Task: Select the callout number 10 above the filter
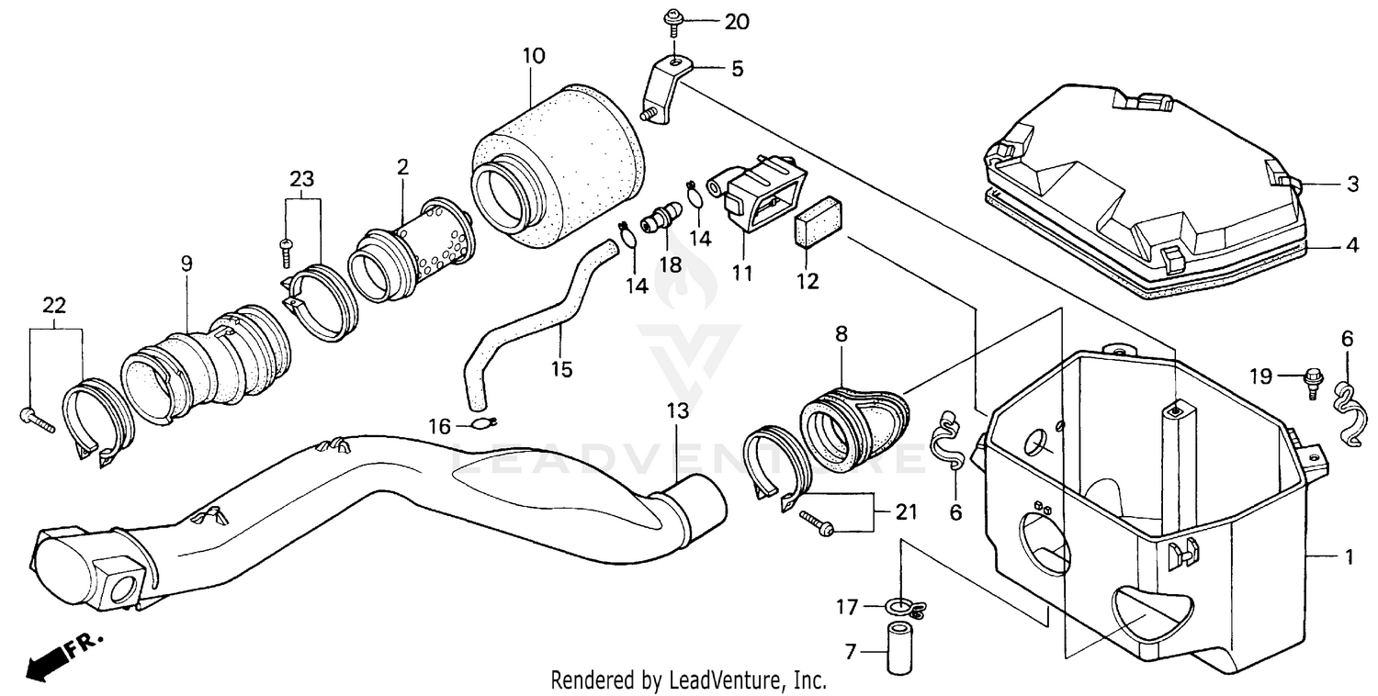[x=534, y=56]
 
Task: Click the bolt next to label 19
[x=1312, y=378]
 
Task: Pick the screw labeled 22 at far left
[x=37, y=421]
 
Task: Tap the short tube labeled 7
[x=896, y=648]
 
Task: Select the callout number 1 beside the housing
[x=1350, y=556]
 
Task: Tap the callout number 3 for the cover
[x=1351, y=184]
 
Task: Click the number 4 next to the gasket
[x=1351, y=245]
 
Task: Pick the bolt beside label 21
[x=816, y=522]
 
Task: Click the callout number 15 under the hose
[x=561, y=369]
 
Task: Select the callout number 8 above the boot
[x=840, y=334]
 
